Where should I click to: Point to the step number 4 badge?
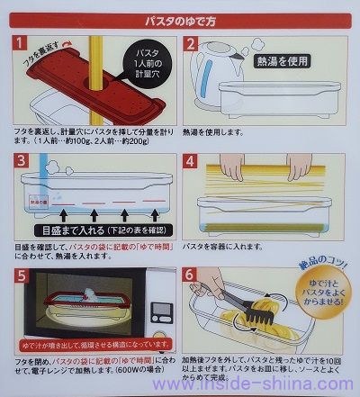(193, 161)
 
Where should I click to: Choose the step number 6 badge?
(193, 275)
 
